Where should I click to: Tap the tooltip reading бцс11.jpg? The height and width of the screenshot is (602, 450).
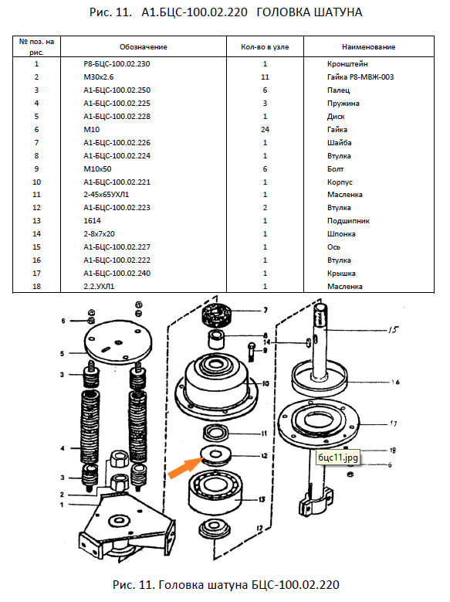337,457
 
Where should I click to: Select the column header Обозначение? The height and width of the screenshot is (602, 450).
143,47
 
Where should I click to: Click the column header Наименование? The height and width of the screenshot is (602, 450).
368,47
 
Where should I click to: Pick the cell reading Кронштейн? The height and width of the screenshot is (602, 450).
347,63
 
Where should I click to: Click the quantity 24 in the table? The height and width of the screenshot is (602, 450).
265,129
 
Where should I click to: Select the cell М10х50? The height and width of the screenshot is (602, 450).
97,169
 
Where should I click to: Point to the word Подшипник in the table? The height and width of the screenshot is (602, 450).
348,221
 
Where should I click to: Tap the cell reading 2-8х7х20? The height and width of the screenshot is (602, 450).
99,234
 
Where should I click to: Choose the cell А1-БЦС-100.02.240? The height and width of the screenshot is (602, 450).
117,274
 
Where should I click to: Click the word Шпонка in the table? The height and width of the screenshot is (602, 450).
341,234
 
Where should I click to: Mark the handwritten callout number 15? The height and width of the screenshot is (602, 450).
393,329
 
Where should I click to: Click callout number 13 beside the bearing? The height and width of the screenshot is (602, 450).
262,499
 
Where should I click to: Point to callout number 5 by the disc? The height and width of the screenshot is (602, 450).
63,353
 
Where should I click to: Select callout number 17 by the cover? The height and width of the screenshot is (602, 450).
393,423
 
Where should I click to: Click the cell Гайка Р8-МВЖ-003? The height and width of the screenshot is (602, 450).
360,77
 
